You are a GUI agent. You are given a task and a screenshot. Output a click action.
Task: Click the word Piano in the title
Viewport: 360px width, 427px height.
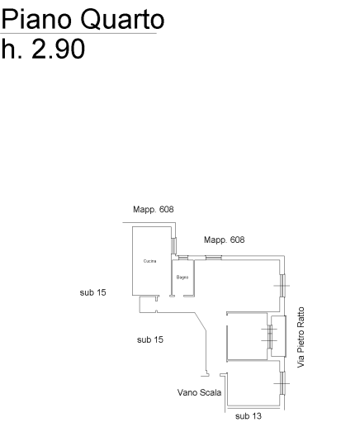(36, 19)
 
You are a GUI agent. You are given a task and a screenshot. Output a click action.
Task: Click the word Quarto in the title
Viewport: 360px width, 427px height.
(122, 20)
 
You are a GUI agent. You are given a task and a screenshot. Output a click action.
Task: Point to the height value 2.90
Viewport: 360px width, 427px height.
(59, 49)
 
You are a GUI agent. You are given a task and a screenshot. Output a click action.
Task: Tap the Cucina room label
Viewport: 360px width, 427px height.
(149, 261)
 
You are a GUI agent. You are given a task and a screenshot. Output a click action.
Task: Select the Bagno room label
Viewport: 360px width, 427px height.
(182, 278)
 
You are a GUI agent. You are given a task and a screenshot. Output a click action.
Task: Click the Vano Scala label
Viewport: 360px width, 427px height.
(199, 392)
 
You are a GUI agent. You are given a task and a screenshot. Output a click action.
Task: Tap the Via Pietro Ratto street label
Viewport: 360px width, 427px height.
(301, 337)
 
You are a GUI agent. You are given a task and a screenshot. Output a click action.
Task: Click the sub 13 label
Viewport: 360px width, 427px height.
(249, 416)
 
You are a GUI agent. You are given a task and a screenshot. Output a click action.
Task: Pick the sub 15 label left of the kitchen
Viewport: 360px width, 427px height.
(92, 292)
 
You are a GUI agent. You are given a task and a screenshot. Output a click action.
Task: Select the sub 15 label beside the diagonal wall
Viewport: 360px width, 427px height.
(150, 339)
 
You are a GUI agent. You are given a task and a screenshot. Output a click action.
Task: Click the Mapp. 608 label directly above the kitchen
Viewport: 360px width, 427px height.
(154, 209)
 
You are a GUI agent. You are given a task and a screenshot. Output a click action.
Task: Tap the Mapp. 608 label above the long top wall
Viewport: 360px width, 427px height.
(224, 240)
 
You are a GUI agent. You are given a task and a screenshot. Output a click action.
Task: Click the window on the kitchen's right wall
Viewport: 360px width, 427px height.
(173, 245)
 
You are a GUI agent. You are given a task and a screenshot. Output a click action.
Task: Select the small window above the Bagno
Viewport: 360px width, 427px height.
(183, 258)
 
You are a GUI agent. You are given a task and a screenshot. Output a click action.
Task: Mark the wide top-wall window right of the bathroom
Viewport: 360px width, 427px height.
(214, 258)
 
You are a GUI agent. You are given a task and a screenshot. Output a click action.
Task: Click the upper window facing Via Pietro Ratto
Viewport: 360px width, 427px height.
(282, 286)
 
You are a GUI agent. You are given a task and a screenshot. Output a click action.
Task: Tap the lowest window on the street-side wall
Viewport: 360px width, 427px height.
(282, 383)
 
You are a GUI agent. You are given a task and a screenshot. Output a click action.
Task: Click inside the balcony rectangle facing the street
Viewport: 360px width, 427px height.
(279, 336)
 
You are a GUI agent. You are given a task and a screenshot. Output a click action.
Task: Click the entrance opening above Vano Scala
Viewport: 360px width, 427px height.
(215, 375)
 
